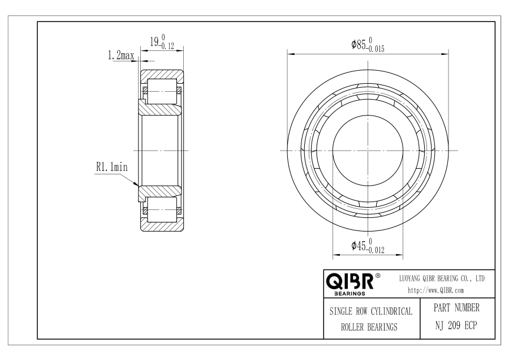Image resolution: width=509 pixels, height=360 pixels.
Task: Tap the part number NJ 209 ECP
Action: [456, 325]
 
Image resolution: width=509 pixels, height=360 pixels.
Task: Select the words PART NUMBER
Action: [456, 308]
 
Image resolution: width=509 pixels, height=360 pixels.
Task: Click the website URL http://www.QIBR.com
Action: [435, 290]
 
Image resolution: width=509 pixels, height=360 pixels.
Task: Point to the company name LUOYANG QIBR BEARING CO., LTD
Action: [442, 278]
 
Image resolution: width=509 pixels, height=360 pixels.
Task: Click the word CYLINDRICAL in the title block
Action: [391, 311]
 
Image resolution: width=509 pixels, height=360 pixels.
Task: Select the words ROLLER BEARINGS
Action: [369, 327]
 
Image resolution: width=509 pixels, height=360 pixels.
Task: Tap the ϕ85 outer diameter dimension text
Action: [359, 45]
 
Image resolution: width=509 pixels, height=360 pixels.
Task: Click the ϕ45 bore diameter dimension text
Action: [359, 246]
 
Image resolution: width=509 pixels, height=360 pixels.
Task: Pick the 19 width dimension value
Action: [154, 41]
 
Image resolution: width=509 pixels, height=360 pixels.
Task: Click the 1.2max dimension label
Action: [121, 55]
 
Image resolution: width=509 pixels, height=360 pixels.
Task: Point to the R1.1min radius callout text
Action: [112, 167]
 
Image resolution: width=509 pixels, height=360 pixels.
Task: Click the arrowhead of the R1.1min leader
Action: [136, 184]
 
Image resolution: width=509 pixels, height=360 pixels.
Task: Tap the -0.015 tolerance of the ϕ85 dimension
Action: [376, 49]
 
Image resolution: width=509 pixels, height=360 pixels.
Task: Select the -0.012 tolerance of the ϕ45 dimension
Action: [376, 250]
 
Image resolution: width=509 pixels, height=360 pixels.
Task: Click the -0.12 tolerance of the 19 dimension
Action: [167, 46]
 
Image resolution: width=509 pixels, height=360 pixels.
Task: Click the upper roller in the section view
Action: [162, 91]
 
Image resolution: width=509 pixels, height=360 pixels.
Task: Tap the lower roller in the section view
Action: [162, 209]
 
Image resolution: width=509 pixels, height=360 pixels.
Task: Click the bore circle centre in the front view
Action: [368, 151]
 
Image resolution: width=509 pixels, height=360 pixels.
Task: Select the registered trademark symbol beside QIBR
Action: [378, 276]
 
